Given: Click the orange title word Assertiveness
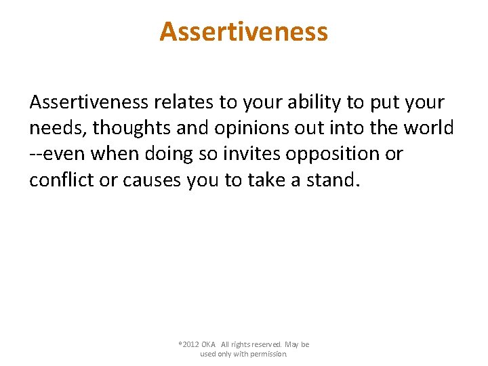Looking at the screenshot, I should tap(243, 31).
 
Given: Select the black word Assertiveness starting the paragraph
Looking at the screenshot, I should tap(88, 103).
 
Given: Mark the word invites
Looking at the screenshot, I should tap(251, 154).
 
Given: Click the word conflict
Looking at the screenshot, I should tap(60, 180).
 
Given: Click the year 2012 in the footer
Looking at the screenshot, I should tap(190, 344).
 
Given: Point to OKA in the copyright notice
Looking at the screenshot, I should tap(209, 344).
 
